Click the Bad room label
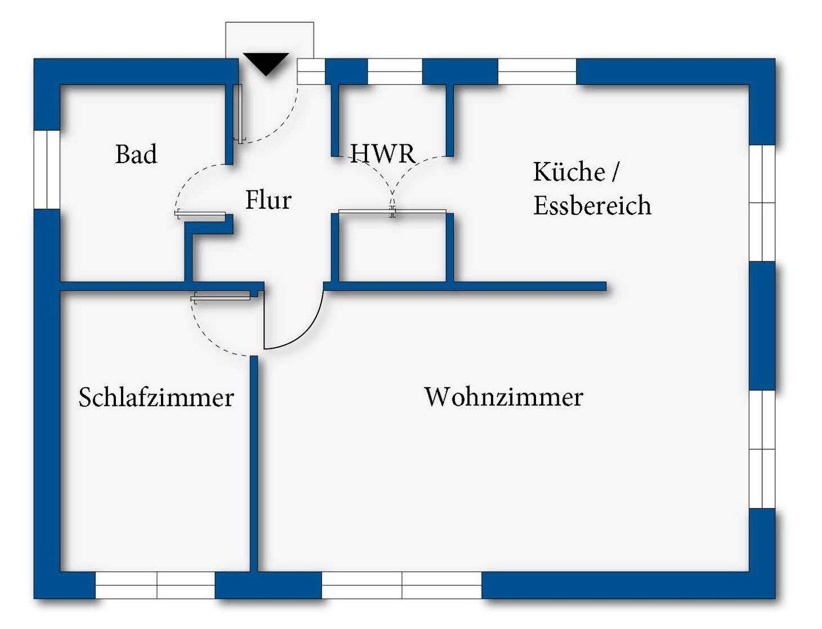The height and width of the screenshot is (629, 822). (136, 155)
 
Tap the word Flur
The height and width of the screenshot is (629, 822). (268, 200)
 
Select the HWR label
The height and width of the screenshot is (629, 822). (383, 153)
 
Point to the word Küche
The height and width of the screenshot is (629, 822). (569, 172)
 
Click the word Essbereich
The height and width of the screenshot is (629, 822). (592, 206)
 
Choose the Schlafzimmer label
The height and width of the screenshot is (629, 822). (156, 397)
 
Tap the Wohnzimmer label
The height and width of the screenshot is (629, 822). (503, 397)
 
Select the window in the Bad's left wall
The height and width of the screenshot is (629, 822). (47, 169)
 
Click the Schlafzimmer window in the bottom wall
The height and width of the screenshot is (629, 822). (155, 585)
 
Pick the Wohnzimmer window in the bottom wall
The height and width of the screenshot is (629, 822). (402, 585)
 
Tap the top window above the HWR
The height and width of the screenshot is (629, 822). (394, 72)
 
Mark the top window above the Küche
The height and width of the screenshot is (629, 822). (537, 72)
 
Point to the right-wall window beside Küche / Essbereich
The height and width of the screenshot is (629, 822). (762, 203)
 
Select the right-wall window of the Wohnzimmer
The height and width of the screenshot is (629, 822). (762, 449)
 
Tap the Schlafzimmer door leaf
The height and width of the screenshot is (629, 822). (221, 296)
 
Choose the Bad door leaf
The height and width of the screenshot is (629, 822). (200, 215)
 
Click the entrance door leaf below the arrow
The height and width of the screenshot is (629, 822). (239, 113)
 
